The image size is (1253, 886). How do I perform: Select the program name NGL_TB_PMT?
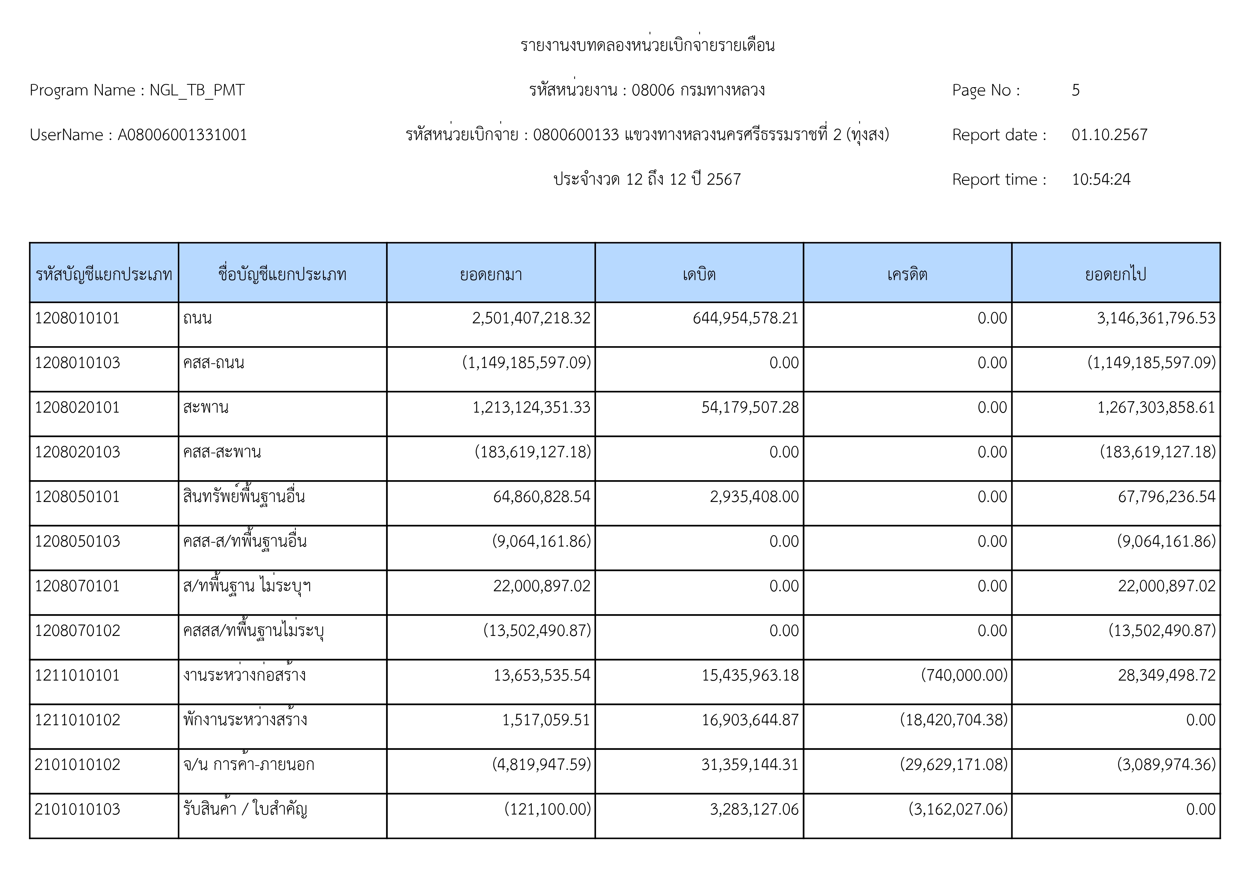point(197,90)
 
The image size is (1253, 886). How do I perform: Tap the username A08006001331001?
point(182,135)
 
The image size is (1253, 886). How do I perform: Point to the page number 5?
point(1075,90)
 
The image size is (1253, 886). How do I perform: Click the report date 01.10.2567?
point(1109,135)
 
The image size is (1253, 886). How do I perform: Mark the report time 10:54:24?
point(1101,180)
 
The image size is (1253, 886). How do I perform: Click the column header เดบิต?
point(699,274)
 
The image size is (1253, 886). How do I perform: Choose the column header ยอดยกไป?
point(1116,274)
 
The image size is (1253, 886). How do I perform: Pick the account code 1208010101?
point(77,318)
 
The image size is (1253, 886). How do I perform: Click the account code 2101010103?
point(77,809)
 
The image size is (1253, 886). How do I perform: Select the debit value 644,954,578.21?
point(746,318)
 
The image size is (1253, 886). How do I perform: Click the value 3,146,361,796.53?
point(1156,318)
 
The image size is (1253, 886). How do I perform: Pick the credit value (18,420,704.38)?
point(953,720)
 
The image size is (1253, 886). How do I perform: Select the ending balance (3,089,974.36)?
point(1166,764)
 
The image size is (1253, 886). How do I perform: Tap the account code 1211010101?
point(77,675)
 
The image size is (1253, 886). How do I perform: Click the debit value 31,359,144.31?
point(750,764)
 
